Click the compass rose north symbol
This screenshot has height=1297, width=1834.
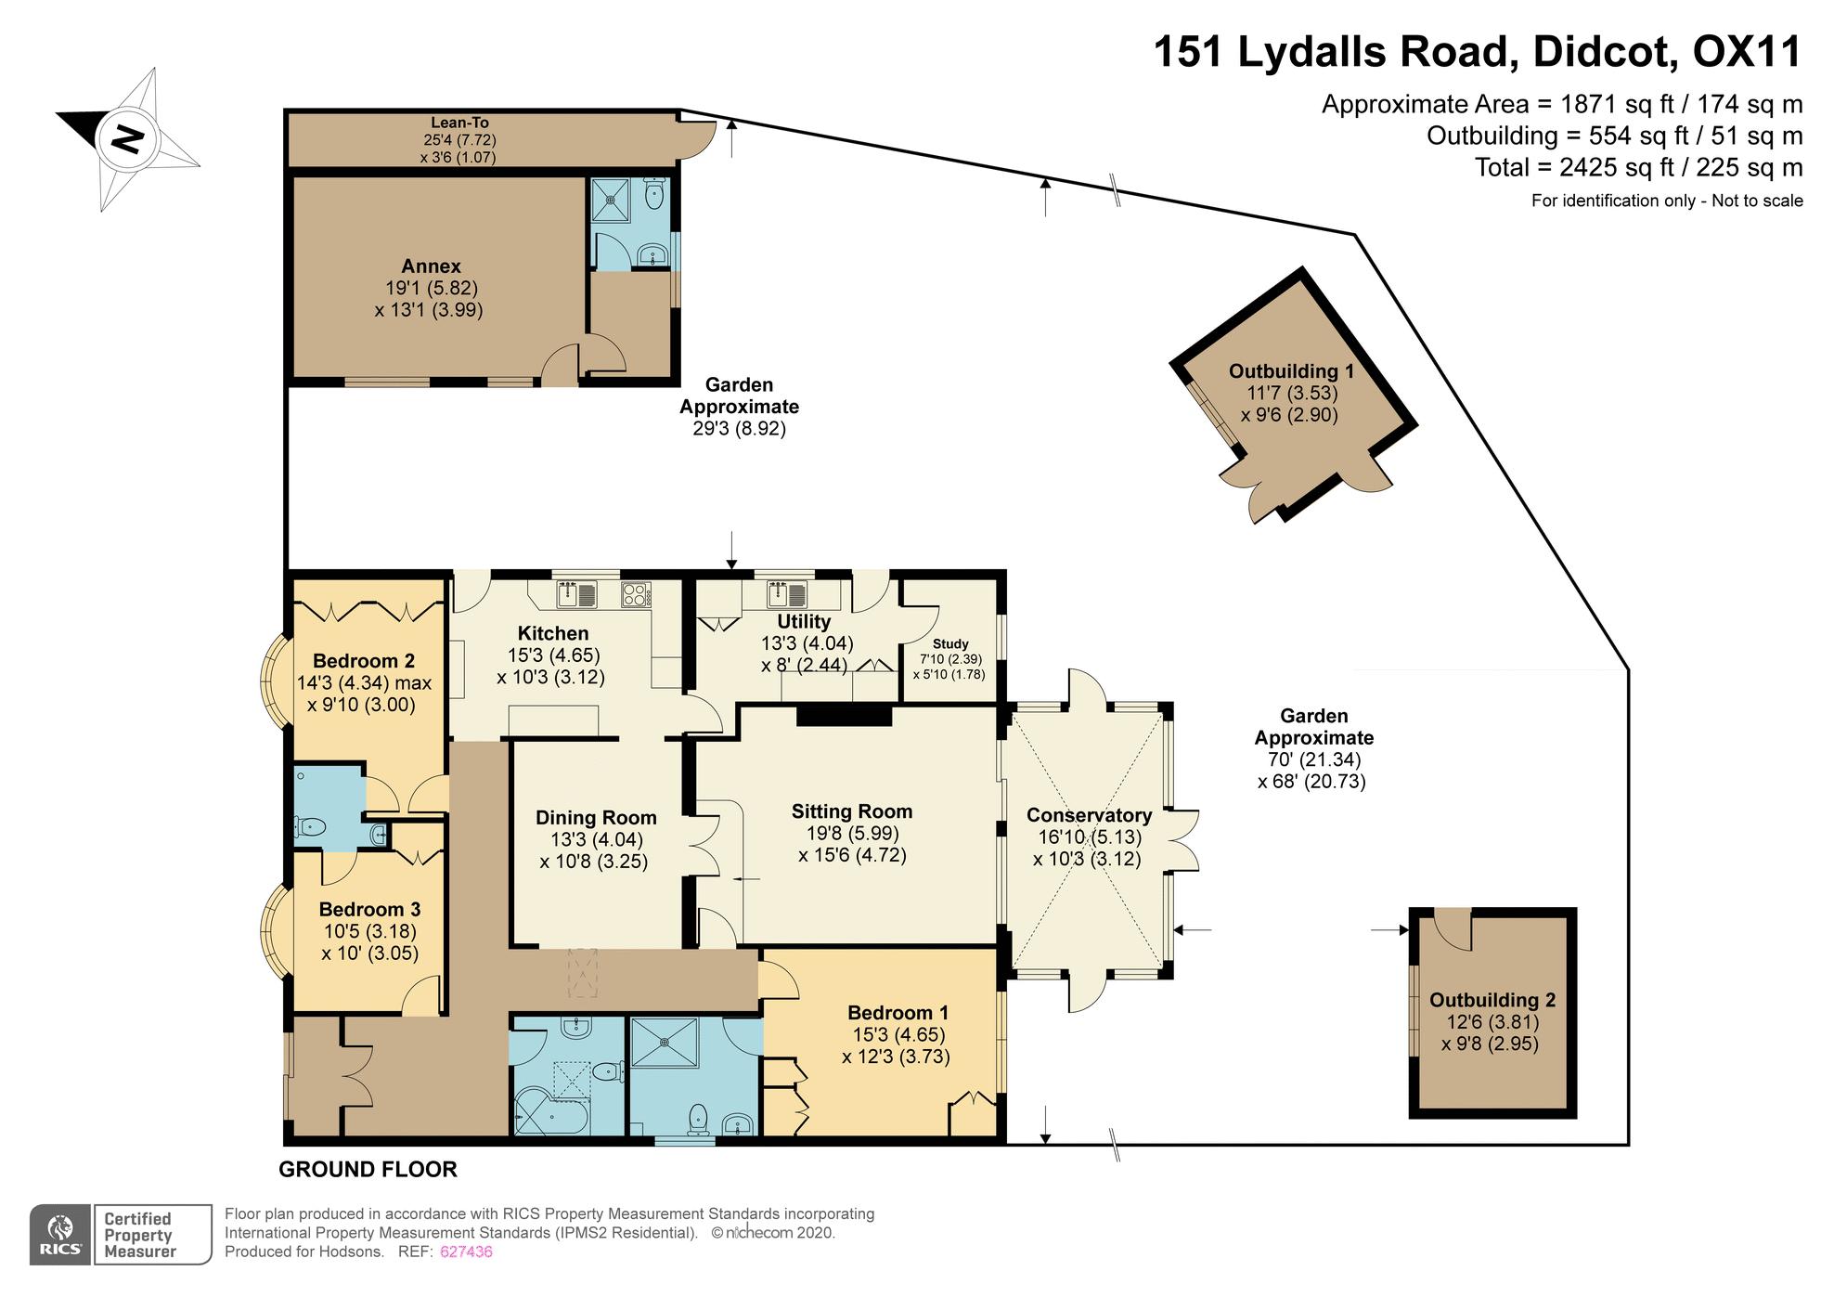click(128, 139)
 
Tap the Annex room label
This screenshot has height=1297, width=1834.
click(431, 266)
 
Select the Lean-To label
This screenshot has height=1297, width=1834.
click(459, 123)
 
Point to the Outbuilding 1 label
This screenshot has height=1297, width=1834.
click(1291, 371)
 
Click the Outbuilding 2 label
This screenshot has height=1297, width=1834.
click(1492, 1000)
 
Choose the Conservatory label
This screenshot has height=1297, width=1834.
click(1089, 815)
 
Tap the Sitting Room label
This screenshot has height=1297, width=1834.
click(852, 811)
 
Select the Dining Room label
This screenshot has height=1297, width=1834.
click(596, 818)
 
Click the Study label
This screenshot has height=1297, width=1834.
click(950, 643)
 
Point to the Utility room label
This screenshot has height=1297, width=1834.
click(804, 621)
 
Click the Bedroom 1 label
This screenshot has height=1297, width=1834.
click(898, 1012)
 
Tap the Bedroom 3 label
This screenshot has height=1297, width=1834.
click(369, 909)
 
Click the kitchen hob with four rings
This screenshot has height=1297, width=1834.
click(636, 594)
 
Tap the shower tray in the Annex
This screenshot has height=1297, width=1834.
click(612, 194)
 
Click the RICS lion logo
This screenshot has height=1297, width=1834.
click(60, 1234)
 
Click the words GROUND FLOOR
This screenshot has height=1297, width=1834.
click(368, 1170)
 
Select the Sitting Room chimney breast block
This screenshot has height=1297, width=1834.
click(845, 715)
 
